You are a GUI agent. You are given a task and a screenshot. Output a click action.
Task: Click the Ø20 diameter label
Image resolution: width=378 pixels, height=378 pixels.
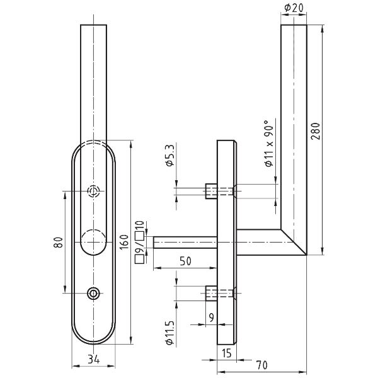pos(294,8)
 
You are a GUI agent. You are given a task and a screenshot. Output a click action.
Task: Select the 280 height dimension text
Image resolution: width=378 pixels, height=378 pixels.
pos(316,131)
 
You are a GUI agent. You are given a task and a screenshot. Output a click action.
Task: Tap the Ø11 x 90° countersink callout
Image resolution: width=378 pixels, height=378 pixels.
pos(270,143)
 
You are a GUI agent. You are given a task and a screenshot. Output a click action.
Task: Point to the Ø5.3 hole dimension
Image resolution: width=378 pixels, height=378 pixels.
pos(169,155)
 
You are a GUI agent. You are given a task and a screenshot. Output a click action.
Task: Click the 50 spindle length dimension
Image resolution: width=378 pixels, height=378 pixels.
pos(185,261)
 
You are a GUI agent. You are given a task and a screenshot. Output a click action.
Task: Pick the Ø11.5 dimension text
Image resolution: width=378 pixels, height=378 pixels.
pos(169,333)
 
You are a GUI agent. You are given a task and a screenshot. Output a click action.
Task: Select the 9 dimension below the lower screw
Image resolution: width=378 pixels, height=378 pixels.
pos(212,318)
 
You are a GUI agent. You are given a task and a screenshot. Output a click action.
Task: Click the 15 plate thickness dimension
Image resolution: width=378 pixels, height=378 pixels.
pos(226,353)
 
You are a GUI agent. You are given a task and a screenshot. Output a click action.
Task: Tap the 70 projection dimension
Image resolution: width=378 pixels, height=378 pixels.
pos(261,365)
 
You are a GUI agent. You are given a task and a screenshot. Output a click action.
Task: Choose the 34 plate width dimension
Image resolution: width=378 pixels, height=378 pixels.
pos(93,360)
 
